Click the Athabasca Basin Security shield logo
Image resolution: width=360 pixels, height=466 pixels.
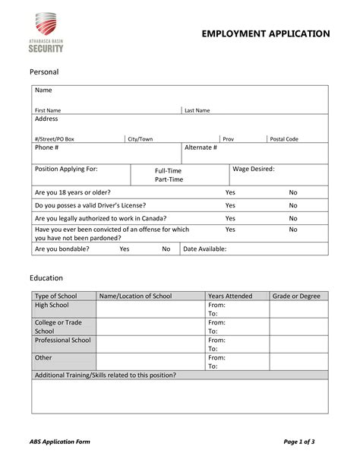47,25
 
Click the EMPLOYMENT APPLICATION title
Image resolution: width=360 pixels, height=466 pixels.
265,33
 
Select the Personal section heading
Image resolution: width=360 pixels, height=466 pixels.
43,71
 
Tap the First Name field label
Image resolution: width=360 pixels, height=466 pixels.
48,110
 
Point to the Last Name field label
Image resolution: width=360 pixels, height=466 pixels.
197,110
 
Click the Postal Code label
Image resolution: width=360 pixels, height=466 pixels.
285,139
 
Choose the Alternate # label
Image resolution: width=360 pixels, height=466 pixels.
201,147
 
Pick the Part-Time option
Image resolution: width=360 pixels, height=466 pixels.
169,179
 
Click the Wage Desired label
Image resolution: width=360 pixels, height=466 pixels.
254,169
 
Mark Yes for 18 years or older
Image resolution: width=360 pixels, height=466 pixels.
230,192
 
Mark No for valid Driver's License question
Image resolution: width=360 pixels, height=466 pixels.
293,205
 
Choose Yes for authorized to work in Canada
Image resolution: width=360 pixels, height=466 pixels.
230,218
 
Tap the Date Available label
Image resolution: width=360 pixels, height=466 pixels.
205,249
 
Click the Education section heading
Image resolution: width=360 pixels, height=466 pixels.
46,278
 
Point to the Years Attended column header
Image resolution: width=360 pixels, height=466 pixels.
230,296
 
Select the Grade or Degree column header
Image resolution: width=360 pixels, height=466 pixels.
296,296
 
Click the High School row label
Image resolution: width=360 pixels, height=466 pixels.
52,305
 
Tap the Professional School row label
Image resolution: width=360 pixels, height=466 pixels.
63,340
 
